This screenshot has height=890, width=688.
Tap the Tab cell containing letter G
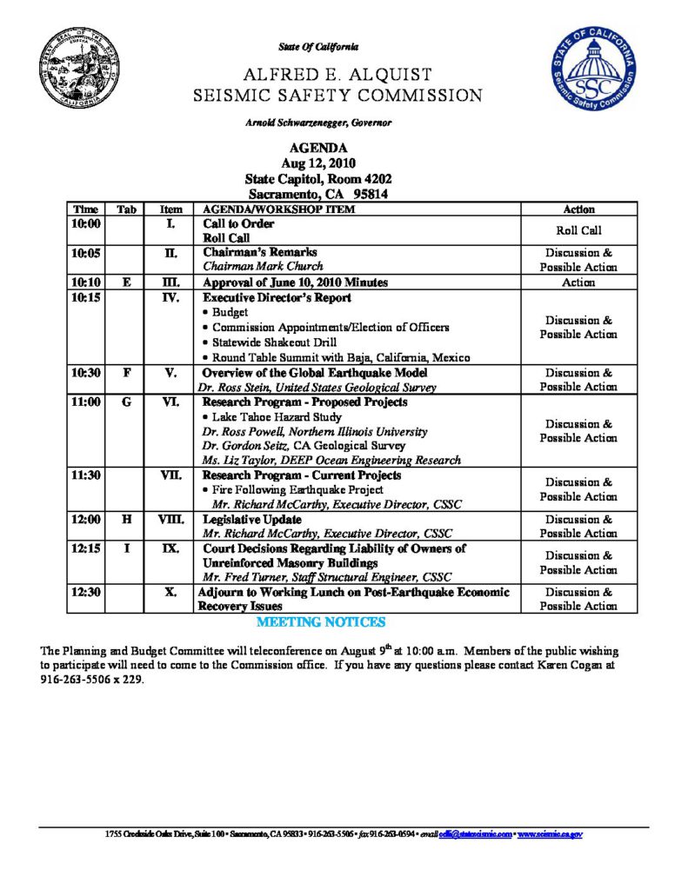coord(126,403)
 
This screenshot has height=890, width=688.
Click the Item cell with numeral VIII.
coord(170,520)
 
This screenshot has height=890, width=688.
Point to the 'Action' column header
coord(578,209)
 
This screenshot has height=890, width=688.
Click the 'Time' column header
coord(86,209)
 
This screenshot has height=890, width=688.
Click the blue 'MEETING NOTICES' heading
coord(321,623)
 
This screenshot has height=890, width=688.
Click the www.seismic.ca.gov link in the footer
coord(550,834)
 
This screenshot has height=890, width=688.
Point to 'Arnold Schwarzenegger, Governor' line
coord(318,123)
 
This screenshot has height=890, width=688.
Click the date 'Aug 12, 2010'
coord(318,163)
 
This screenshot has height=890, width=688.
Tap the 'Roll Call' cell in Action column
coord(578,231)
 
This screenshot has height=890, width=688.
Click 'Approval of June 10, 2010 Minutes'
coord(295,282)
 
